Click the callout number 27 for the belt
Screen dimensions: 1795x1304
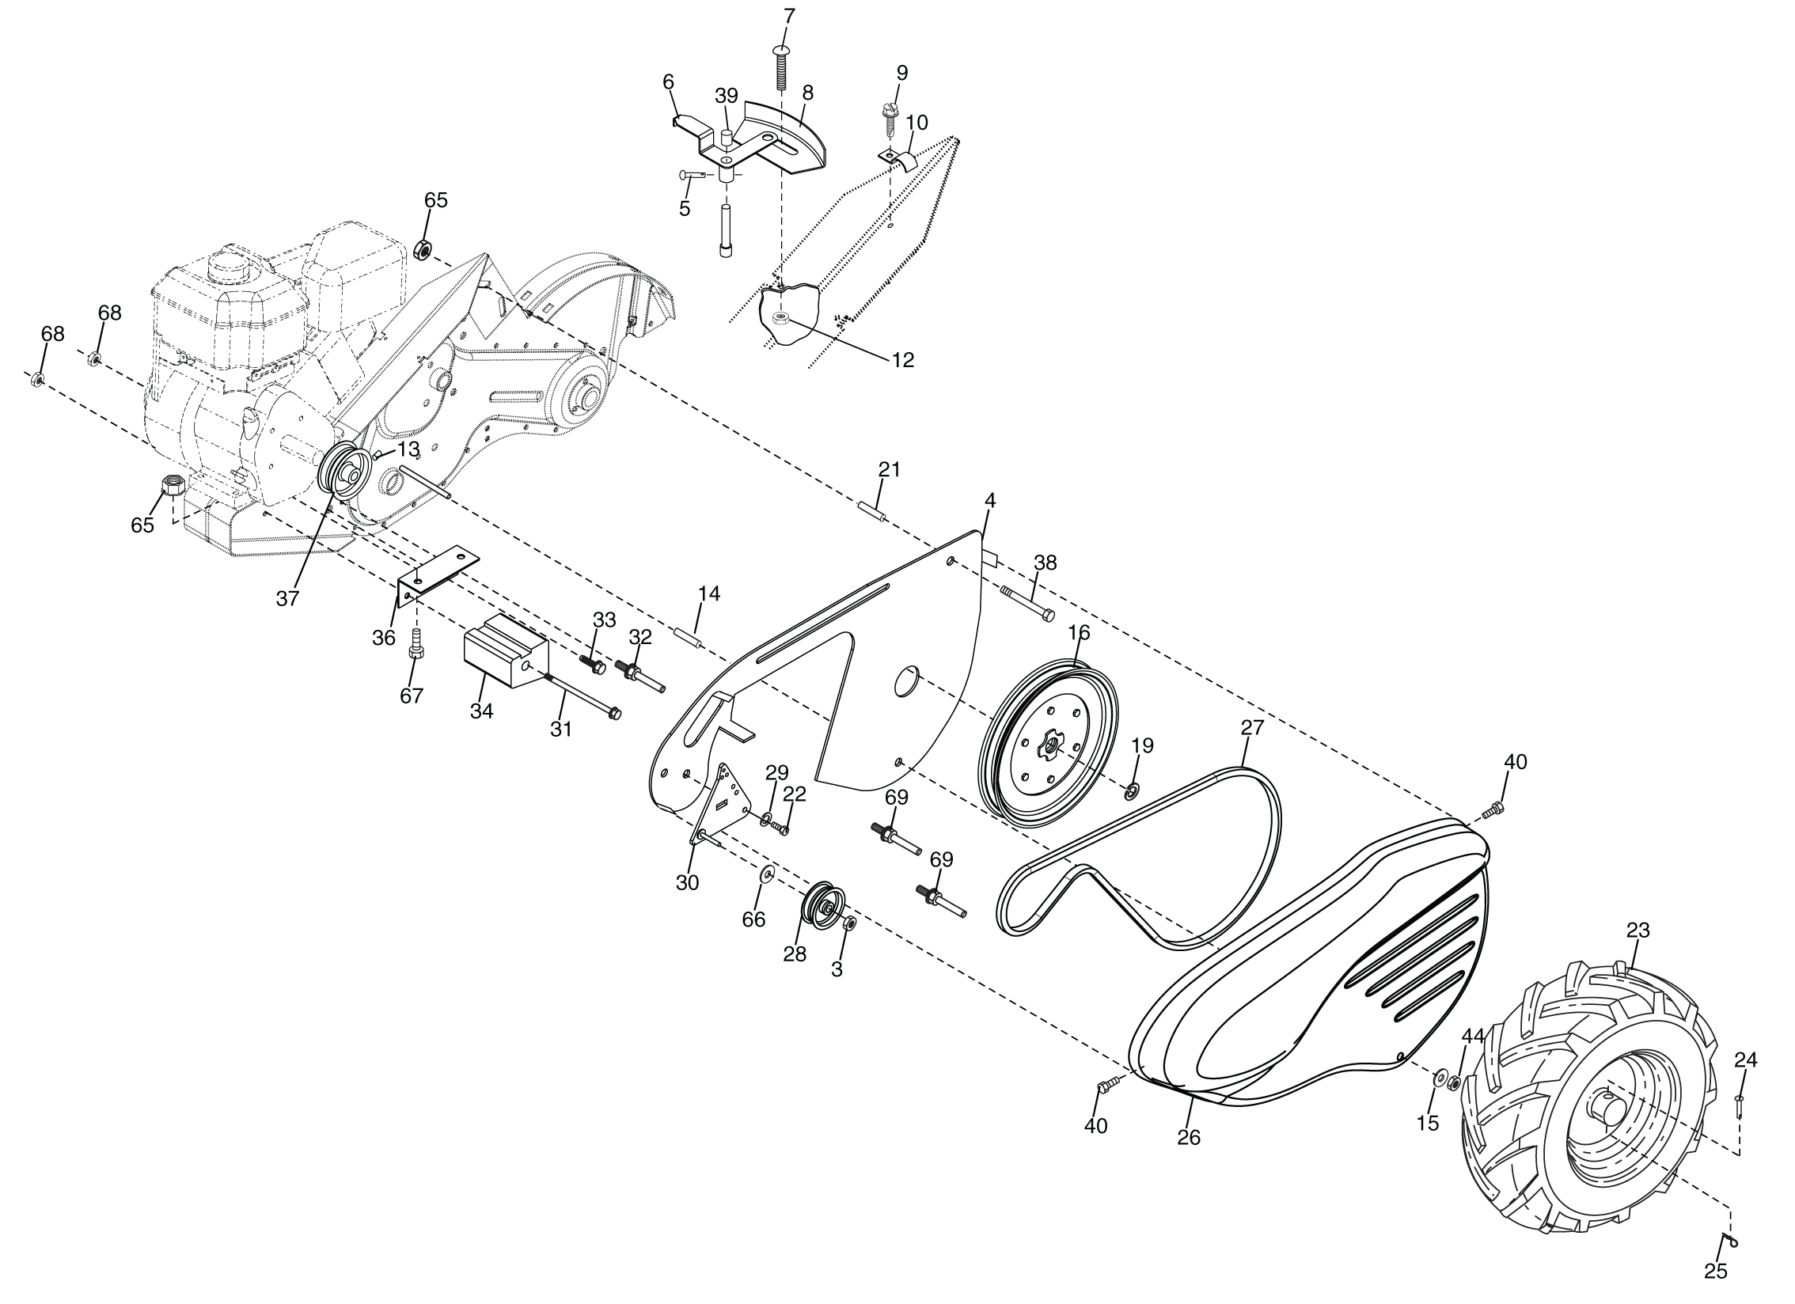point(1253,727)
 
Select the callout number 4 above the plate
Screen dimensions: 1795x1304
point(990,500)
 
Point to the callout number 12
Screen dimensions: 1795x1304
point(902,360)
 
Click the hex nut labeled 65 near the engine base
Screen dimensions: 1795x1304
point(173,484)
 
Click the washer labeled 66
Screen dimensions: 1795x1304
point(767,874)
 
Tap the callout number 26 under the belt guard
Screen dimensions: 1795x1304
point(1189,1137)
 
